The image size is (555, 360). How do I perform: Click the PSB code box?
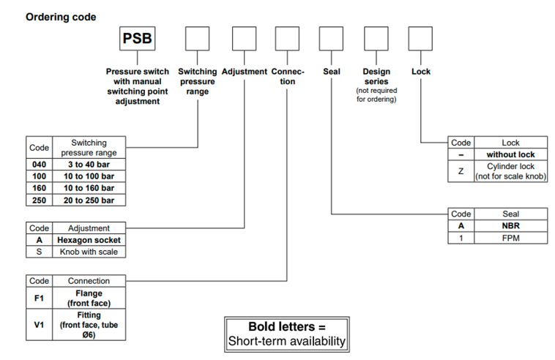click(138, 38)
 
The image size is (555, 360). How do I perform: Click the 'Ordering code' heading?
click(61, 17)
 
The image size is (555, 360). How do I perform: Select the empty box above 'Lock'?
click(420, 38)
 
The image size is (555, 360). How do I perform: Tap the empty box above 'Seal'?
click(331, 38)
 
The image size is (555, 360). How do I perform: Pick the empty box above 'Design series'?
click(376, 38)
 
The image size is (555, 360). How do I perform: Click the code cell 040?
click(39, 165)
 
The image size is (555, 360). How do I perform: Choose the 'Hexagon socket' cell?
click(89, 240)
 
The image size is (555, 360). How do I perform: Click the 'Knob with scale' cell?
click(89, 252)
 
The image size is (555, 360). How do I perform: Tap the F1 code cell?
click(39, 298)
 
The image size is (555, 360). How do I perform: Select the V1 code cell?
click(39, 325)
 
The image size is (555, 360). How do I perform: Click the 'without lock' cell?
click(510, 154)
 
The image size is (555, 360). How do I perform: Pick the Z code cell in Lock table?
click(461, 171)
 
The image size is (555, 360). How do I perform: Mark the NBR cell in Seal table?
click(510, 225)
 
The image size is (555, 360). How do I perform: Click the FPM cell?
click(510, 237)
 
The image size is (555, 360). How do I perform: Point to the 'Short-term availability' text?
click(286, 341)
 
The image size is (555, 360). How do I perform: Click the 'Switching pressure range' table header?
click(89, 147)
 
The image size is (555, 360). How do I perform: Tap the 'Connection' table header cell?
click(89, 280)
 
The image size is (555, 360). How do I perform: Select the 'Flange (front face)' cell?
click(89, 298)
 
